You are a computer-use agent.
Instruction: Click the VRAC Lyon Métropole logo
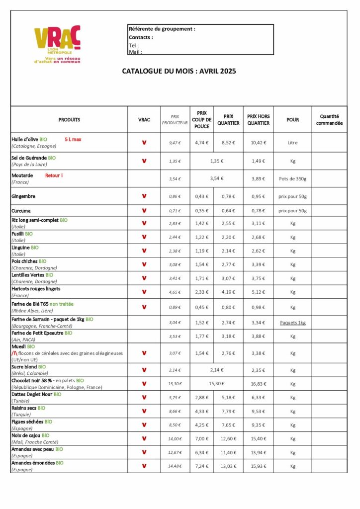pyautogui.click(x=57, y=45)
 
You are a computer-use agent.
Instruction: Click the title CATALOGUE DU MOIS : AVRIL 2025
pyautogui.click(x=179, y=71)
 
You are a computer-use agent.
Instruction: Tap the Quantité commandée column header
pyautogui.click(x=329, y=120)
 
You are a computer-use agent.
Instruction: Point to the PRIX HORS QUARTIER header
pyautogui.click(x=258, y=120)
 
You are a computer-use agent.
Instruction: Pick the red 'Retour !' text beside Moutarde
pyautogui.click(x=54, y=175)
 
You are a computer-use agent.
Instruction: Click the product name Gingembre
pyautogui.click(x=23, y=196)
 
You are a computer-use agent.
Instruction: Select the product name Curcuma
pyautogui.click(x=21, y=210)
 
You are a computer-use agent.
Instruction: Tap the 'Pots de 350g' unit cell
pyautogui.click(x=292, y=178)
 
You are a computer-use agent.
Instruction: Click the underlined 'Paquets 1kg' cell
pyautogui.click(x=292, y=323)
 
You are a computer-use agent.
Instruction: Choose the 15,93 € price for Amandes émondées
pyautogui.click(x=258, y=466)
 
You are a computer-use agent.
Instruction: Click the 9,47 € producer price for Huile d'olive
pyautogui.click(x=175, y=143)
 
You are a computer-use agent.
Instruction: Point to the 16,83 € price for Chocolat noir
pyautogui.click(x=258, y=384)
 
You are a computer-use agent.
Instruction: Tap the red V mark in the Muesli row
pyautogui.click(x=144, y=353)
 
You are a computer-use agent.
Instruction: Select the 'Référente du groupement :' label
pyautogui.click(x=162, y=29)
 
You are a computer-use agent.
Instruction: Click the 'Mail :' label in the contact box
pyautogui.click(x=135, y=52)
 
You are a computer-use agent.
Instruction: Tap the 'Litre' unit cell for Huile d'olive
pyautogui.click(x=292, y=143)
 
